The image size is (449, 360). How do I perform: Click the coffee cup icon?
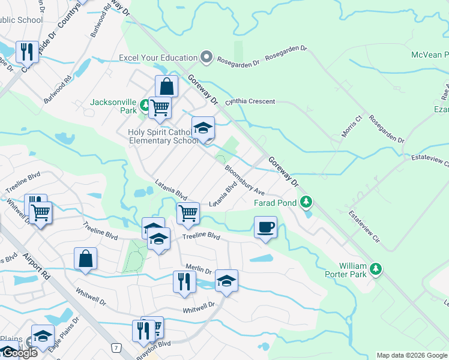[265, 227]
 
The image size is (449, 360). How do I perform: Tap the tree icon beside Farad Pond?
[307, 202]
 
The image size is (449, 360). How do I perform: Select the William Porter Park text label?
[352, 269]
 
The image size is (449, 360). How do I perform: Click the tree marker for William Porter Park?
[376, 268]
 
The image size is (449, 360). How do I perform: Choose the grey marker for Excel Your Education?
[206, 58]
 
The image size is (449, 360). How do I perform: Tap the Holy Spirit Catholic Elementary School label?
[163, 136]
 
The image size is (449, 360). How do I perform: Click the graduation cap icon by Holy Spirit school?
[203, 128]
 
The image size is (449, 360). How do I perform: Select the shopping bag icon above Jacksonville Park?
[166, 86]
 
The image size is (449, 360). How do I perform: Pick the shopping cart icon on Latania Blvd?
[188, 213]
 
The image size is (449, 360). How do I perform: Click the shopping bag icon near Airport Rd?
[85, 259]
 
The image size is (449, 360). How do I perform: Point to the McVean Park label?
[429, 55]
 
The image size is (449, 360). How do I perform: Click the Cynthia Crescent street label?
[250, 101]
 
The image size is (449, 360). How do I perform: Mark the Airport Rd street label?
[37, 263]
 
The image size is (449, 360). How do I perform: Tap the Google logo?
[19, 353]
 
